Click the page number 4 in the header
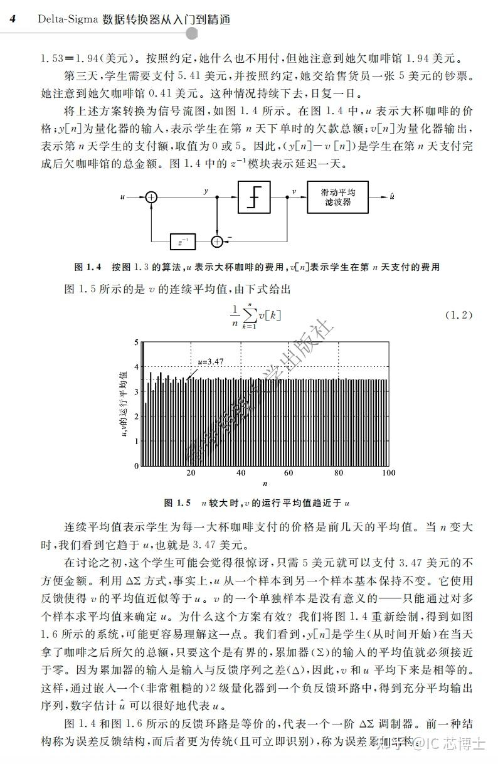tap(13, 19)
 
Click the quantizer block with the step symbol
tap(254, 197)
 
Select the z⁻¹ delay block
tap(183, 241)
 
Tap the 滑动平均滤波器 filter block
tap(338, 197)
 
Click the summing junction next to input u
tap(151, 197)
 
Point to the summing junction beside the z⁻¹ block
tap(217, 241)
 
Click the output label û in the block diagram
tap(392, 197)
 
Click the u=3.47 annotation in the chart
tap(210, 361)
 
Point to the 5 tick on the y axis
tap(137, 342)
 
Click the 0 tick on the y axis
tap(137, 466)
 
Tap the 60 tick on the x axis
tap(290, 474)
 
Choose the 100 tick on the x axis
tap(388, 474)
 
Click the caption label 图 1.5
tap(177, 503)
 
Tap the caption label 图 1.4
tap(88, 267)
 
